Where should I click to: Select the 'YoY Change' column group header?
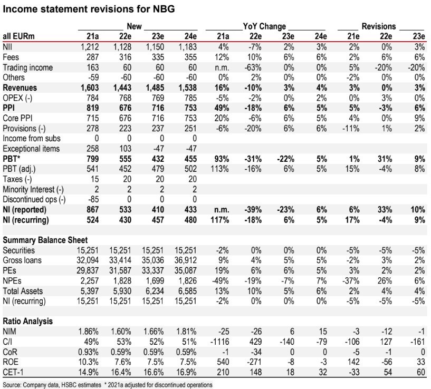point(264,26)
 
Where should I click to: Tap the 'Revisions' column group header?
point(378,26)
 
